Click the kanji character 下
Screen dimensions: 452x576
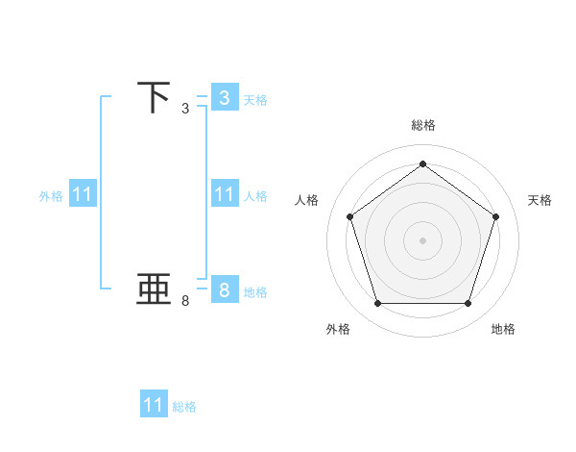tap(154, 98)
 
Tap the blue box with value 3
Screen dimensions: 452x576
tap(224, 98)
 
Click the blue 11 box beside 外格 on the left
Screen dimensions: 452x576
tap(83, 195)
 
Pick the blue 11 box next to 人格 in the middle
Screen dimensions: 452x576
tap(224, 195)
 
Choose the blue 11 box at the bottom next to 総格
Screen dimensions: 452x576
tap(154, 405)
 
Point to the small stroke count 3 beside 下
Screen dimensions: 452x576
tap(185, 109)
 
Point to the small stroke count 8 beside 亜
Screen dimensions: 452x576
tap(185, 301)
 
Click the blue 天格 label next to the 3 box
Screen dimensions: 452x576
tap(255, 99)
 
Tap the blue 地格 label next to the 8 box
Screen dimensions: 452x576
tap(255, 291)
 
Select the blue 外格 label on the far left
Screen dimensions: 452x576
tap(51, 196)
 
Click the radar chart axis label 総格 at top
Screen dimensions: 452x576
tap(423, 125)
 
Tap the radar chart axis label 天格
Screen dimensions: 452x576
tap(540, 200)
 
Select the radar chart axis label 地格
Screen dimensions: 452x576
tap(503, 330)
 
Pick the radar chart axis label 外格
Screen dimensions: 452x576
tap(338, 330)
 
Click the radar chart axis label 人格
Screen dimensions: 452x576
tap(307, 200)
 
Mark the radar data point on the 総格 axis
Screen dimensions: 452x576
tap(422, 164)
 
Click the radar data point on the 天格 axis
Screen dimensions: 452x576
tap(495, 216)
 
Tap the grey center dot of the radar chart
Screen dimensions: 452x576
tap(422, 239)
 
